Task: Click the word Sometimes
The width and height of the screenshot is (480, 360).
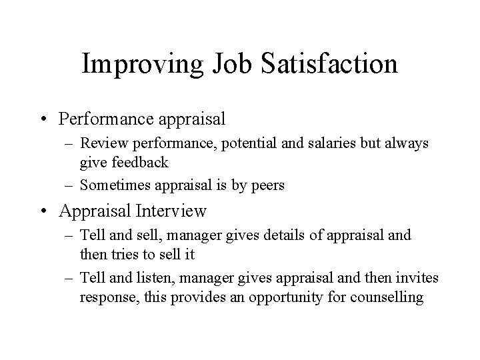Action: [113, 186]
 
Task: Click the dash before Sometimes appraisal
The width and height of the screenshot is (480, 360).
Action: [70, 186]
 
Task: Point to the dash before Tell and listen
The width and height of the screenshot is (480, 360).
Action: [70, 278]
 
